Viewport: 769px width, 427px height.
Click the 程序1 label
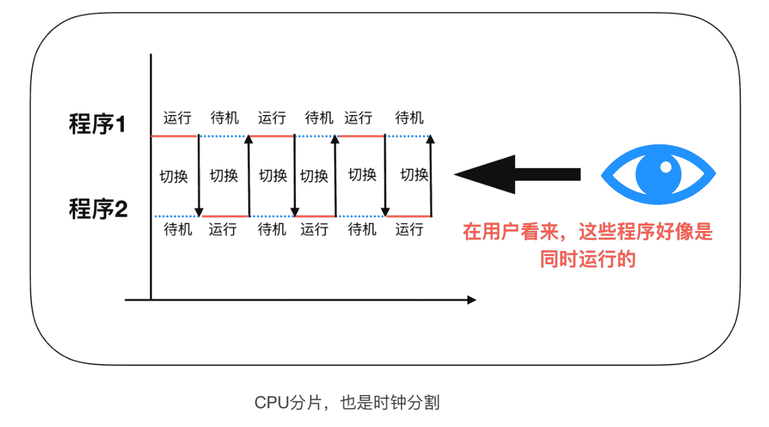[x=97, y=124]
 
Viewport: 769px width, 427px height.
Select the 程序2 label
[x=98, y=209]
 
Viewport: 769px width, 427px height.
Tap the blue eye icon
[x=658, y=174]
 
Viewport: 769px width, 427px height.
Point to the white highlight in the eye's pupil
[x=666, y=167]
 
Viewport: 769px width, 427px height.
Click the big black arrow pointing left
[x=516, y=174]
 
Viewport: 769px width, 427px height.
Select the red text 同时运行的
[x=588, y=259]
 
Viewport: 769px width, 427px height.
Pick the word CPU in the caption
[x=272, y=402]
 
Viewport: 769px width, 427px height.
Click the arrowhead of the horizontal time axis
[x=471, y=300]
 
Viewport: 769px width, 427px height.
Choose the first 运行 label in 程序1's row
[x=177, y=118]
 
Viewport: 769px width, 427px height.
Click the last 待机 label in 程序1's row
[x=409, y=118]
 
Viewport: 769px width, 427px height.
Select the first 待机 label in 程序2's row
[x=178, y=229]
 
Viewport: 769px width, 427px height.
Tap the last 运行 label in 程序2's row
[x=409, y=229]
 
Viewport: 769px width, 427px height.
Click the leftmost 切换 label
[x=174, y=176]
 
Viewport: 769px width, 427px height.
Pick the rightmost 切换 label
[x=414, y=174]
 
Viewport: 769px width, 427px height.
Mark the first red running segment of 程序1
[x=174, y=136]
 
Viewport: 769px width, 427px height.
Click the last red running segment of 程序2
[x=409, y=216]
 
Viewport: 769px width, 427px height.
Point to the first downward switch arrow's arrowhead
[x=199, y=213]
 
